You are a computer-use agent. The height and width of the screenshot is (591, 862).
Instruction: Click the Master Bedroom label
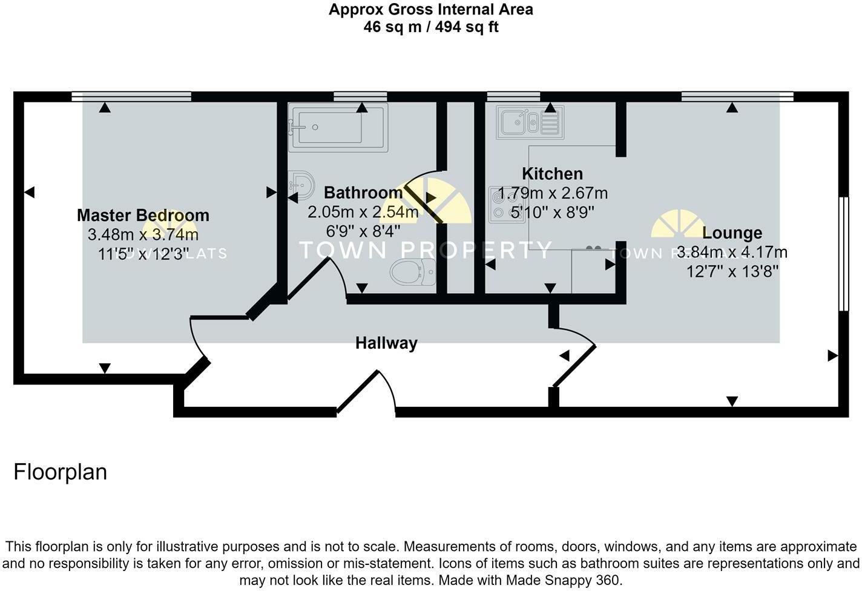point(143,215)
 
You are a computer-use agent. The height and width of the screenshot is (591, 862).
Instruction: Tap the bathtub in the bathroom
point(337,127)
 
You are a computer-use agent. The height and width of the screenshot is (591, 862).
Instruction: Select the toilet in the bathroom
point(413,272)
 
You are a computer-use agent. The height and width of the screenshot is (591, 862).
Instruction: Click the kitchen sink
point(529,122)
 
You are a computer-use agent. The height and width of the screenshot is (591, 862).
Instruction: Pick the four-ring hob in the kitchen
point(507,204)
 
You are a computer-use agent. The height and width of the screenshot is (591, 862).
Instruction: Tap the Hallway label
point(386,343)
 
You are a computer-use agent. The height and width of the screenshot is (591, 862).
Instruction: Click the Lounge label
point(732,233)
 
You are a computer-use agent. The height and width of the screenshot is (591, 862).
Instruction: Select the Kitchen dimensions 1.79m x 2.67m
point(552,194)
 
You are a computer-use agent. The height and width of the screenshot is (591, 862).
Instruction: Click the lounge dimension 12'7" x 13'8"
point(732,271)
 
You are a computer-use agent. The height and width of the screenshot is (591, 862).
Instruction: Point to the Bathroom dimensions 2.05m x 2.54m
point(363,213)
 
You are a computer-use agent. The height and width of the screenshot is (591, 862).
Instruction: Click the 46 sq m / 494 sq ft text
point(430,27)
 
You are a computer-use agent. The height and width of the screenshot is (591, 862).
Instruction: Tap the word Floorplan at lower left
point(60,472)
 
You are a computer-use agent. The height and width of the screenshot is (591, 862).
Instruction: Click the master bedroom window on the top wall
point(131,96)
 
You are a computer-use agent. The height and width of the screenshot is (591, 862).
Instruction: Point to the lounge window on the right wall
point(844,253)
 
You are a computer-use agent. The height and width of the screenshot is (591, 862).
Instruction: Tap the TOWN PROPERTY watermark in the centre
point(426,249)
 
